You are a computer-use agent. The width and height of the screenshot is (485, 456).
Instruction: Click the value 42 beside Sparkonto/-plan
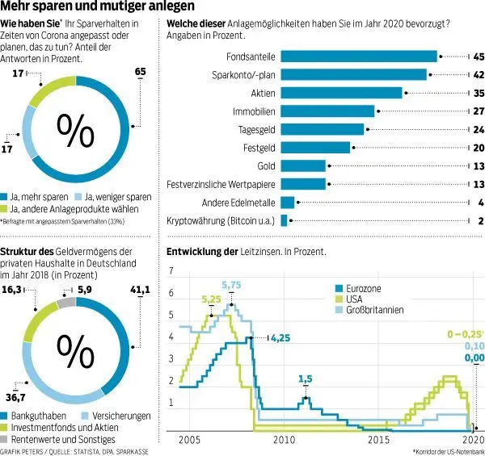coord(479,74)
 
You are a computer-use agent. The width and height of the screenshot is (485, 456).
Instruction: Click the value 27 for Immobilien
coord(479,111)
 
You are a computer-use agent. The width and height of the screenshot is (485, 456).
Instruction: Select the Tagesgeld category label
coord(257,129)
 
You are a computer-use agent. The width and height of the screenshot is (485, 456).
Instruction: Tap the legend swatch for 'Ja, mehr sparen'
coord(6,196)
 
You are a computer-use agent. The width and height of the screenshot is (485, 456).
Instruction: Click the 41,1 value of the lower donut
coord(140,290)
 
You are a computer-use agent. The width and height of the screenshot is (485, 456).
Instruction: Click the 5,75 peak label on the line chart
coord(232,285)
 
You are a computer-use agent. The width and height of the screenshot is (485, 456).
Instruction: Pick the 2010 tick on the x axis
coord(283,440)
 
